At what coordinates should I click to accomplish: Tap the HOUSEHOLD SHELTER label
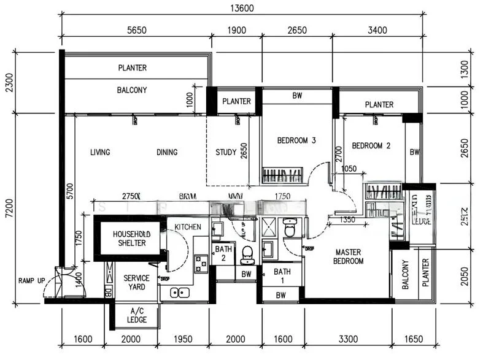(129, 239)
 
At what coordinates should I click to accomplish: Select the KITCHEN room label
(187, 228)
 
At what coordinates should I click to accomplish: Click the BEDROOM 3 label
(296, 140)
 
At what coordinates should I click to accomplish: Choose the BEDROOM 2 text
(371, 146)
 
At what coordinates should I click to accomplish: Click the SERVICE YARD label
(136, 282)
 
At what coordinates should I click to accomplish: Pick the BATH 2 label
(223, 254)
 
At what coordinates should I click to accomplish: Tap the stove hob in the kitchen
(201, 263)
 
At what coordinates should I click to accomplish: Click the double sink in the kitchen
(179, 293)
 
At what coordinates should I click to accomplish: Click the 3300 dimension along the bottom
(347, 339)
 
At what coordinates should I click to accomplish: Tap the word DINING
(166, 153)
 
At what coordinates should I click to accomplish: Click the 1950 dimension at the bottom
(183, 339)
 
